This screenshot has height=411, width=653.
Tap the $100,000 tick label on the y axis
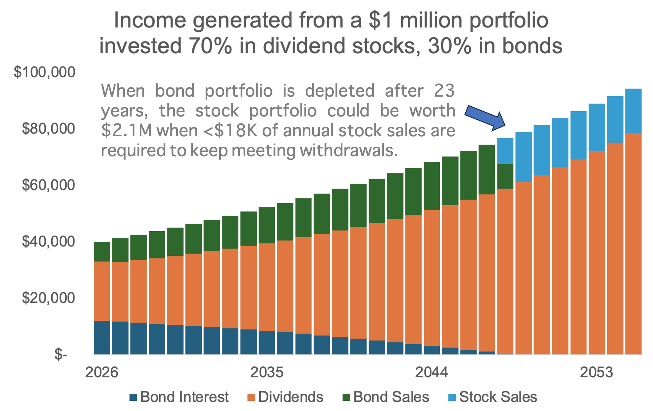pyautogui.click(x=44, y=72)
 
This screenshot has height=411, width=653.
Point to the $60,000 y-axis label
pyautogui.click(x=48, y=185)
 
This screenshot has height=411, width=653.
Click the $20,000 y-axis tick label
pyautogui.click(x=48, y=298)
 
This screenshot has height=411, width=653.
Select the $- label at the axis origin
pyautogui.click(x=61, y=355)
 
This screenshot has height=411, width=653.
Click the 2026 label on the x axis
pyautogui.click(x=102, y=372)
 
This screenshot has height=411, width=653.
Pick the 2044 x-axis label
pyautogui.click(x=431, y=372)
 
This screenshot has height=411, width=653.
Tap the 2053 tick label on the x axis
pyautogui.click(x=596, y=372)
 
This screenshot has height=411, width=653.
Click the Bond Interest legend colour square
pyautogui.click(x=133, y=397)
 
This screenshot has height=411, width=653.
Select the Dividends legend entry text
pyautogui.click(x=290, y=397)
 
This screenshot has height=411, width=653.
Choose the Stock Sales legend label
pyautogui.click(x=498, y=397)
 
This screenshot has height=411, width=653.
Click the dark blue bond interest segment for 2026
pyautogui.click(x=102, y=338)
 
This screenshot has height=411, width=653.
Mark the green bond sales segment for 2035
pyautogui.click(x=267, y=225)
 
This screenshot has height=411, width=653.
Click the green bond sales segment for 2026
pyautogui.click(x=102, y=251)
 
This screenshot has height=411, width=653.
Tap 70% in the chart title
pyautogui.click(x=210, y=46)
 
